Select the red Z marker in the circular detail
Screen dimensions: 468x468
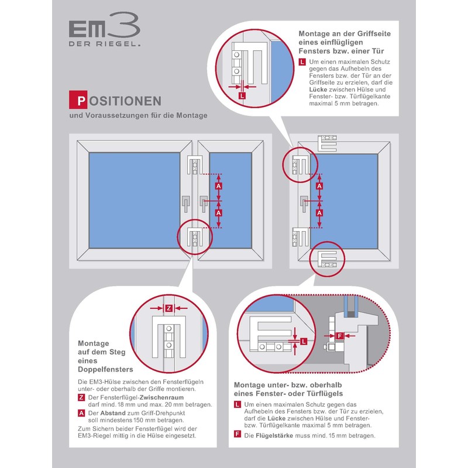[168, 308]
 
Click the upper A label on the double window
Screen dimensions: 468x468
[218, 186]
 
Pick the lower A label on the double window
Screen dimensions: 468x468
[218, 213]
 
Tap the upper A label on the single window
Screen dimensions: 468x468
[319, 186]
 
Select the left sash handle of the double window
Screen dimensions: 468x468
[185, 203]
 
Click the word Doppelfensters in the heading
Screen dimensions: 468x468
[105, 370]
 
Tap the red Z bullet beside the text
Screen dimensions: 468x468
[81, 398]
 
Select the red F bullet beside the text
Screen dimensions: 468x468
[237, 435]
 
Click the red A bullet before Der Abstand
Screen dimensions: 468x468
[81, 412]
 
